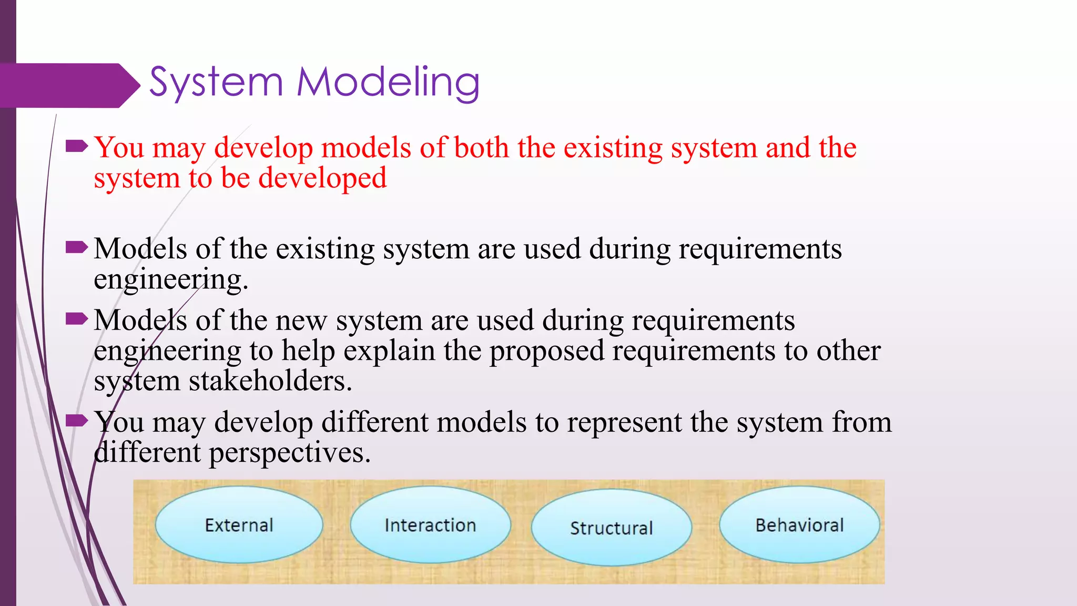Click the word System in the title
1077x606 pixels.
pyautogui.click(x=216, y=83)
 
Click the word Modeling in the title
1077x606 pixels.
pyautogui.click(x=388, y=83)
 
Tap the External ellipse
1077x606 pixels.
pyautogui.click(x=239, y=525)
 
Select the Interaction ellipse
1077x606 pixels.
pyautogui.click(x=430, y=525)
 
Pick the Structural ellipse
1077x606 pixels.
pyautogui.click(x=611, y=528)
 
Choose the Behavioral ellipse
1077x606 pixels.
pyautogui.click(x=799, y=525)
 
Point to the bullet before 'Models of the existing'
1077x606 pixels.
pyautogui.click(x=77, y=247)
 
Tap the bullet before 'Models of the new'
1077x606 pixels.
pyautogui.click(x=77, y=318)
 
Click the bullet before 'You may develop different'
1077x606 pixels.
pyautogui.click(x=77, y=420)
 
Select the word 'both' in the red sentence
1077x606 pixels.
pyautogui.click(x=481, y=148)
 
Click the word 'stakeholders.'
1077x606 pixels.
pyautogui.click(x=270, y=381)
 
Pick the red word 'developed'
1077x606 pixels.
pyautogui.click(x=322, y=178)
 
